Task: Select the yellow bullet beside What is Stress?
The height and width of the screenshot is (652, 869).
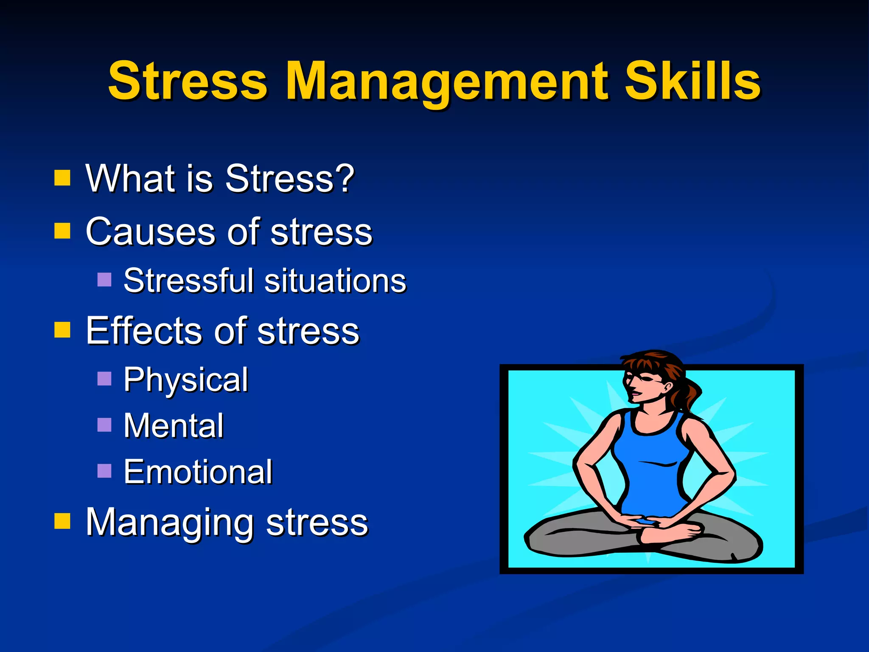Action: (62, 178)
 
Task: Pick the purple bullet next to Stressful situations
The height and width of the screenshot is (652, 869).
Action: (104, 280)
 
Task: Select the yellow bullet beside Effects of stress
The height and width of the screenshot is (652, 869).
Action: (62, 329)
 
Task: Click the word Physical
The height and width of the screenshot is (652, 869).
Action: (186, 379)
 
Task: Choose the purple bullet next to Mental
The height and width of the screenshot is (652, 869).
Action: (104, 424)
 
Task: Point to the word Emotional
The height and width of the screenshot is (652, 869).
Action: (198, 472)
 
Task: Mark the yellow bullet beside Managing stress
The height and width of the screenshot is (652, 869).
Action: (62, 521)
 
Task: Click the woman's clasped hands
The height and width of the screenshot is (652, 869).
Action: (645, 521)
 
